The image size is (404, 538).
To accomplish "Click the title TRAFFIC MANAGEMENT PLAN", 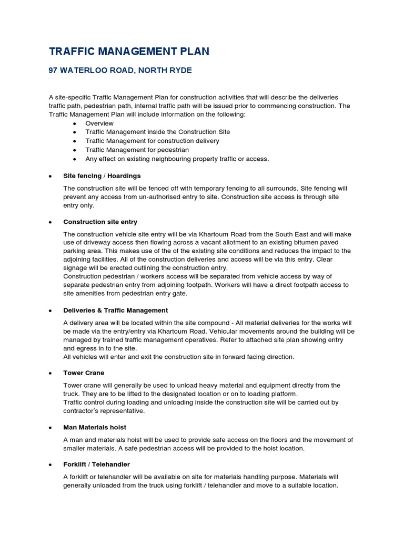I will coord(129,51).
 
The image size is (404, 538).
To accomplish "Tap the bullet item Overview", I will coord(99,123).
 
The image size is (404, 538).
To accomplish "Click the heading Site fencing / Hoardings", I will coord(102,175).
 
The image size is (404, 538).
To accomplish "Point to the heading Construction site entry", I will coord(100,222).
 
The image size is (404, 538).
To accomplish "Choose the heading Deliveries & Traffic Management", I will coord(115,310).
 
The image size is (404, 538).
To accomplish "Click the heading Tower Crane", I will coord(84,373).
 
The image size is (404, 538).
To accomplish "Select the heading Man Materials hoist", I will coord(95,427).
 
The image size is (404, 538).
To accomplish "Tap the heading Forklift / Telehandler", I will coord(96,464).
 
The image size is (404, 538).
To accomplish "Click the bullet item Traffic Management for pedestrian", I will coord(137,150).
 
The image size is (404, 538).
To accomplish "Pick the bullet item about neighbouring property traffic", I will coord(177,159).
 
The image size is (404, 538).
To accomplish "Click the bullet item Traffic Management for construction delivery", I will coord(152,141).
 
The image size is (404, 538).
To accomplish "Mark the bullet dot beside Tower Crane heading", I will coord(49,373).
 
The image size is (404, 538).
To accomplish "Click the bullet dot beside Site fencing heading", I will coord(49,176).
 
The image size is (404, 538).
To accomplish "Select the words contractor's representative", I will coord(104,411).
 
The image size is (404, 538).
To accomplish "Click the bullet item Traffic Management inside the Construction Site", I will coord(157,132).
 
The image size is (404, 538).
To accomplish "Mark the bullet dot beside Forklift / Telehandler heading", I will coord(49,464).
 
